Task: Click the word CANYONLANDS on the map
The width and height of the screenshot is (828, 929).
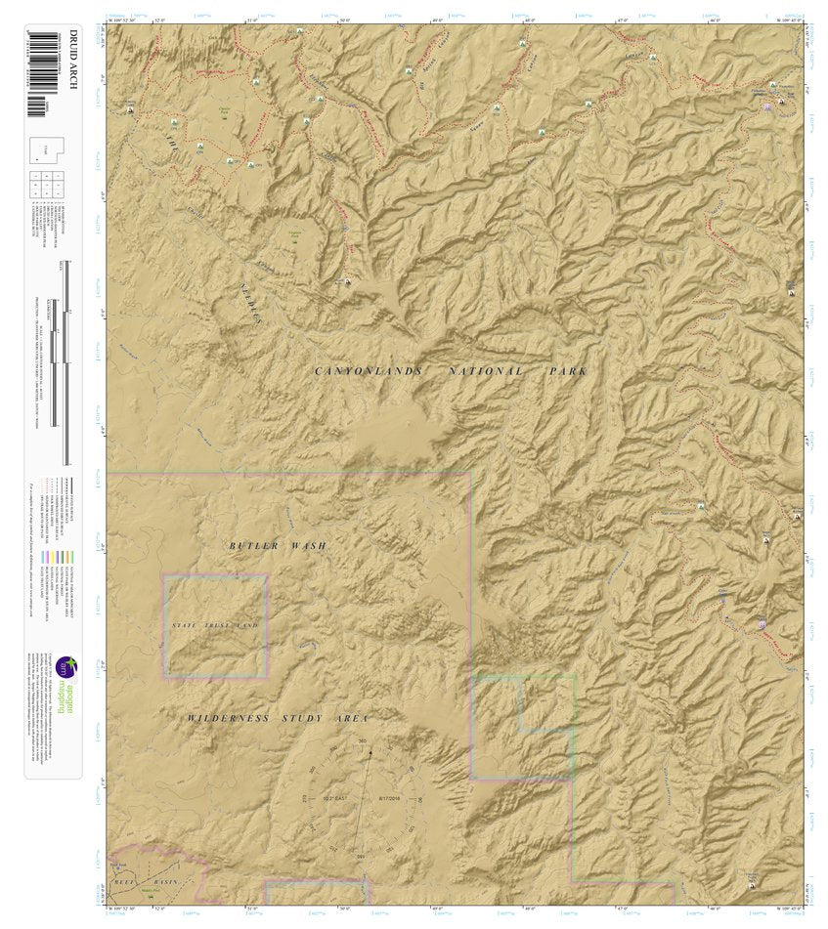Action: pos(369,371)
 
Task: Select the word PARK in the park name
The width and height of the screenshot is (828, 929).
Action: pos(568,371)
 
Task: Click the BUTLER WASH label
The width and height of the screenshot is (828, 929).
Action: pos(278,545)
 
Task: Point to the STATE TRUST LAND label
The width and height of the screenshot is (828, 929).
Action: pos(215,624)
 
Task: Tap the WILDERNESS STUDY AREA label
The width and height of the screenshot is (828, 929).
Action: pos(278,718)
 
